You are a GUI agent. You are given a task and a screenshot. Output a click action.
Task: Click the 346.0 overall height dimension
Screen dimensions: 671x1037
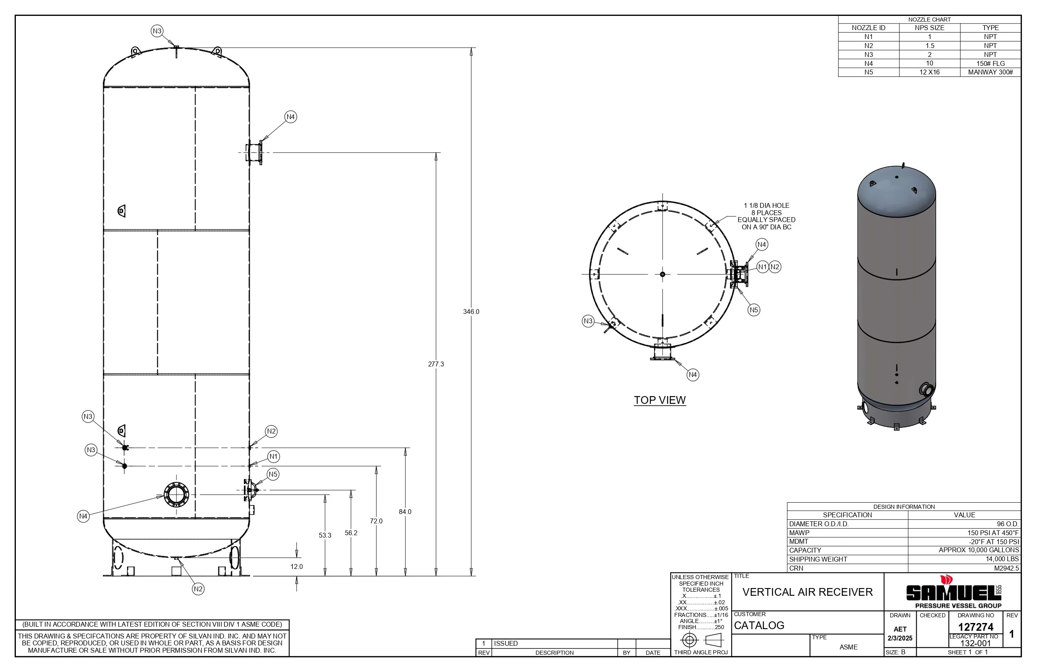click(x=471, y=312)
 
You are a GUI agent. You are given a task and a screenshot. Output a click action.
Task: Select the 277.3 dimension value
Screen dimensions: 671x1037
click(x=436, y=364)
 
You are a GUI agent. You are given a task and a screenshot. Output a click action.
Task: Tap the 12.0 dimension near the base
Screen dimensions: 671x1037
click(x=296, y=566)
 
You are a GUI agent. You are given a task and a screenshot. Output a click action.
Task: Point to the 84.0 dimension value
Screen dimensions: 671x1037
click(x=405, y=512)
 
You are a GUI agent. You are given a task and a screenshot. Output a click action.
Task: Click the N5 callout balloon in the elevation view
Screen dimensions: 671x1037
click(x=273, y=474)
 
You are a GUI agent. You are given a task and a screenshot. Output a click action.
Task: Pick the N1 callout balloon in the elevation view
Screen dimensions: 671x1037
click(x=273, y=457)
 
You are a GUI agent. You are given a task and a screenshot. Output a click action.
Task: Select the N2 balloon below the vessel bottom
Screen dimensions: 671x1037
click(x=198, y=589)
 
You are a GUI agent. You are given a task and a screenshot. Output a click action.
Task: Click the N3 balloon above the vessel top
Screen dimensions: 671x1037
click(x=157, y=31)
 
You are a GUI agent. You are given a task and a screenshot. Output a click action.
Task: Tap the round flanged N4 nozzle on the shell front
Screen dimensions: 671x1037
click(x=176, y=495)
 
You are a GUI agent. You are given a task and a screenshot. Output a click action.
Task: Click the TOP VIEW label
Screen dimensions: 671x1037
click(x=660, y=400)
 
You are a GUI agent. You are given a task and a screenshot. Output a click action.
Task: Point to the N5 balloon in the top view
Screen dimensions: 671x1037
click(x=754, y=310)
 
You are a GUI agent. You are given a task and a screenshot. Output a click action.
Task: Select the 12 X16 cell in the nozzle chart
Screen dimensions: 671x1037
click(x=929, y=72)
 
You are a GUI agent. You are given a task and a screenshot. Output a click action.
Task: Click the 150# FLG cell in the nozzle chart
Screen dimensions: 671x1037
click(x=990, y=63)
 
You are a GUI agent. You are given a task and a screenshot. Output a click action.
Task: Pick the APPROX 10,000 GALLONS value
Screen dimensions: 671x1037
click(x=978, y=550)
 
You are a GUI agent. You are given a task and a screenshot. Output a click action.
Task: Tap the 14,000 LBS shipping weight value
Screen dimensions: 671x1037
click(x=1002, y=559)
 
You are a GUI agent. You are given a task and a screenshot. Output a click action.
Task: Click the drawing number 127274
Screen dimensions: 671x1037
click(x=976, y=627)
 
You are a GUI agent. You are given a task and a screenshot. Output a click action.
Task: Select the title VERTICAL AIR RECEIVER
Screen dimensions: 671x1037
click(x=807, y=592)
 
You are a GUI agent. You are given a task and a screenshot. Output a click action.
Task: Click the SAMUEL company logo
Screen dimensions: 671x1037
click(x=953, y=592)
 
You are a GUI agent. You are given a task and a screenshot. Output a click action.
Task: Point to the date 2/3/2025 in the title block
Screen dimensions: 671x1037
click(x=900, y=638)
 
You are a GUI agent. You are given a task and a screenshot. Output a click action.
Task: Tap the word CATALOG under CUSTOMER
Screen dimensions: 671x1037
click(x=759, y=626)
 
